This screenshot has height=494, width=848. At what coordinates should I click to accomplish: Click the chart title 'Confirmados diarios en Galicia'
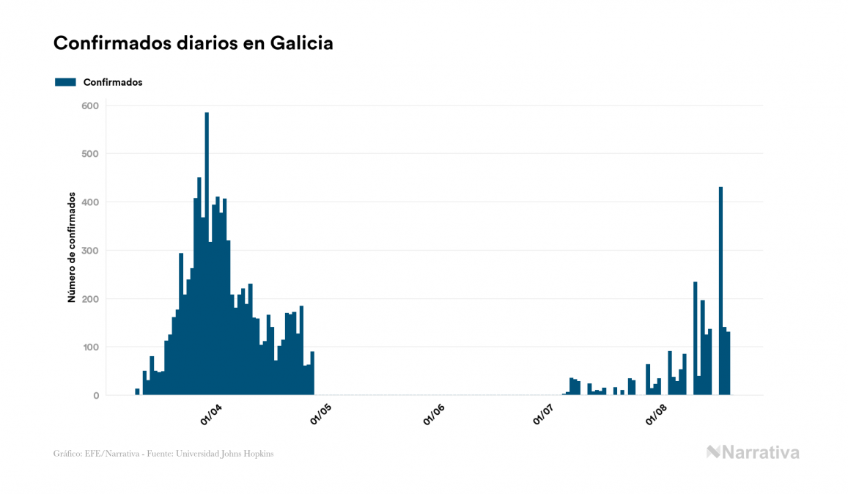193,43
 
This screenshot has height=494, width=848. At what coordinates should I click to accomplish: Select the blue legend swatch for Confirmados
65,82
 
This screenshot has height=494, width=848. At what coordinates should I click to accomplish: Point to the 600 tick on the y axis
91,106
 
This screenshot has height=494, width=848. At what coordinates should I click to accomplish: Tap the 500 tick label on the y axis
91,154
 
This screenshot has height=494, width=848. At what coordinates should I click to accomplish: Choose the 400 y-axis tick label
91,202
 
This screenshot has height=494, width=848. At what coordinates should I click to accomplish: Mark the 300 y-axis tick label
91,251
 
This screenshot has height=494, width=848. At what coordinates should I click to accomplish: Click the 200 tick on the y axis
91,299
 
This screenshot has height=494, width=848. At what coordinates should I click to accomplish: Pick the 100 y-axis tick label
91,347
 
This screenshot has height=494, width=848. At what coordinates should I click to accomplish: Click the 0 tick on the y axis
95,396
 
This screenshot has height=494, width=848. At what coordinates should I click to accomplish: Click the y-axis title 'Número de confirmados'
72,248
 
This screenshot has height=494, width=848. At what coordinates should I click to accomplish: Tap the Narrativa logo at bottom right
753,452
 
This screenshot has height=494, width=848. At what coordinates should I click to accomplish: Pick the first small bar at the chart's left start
137,392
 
